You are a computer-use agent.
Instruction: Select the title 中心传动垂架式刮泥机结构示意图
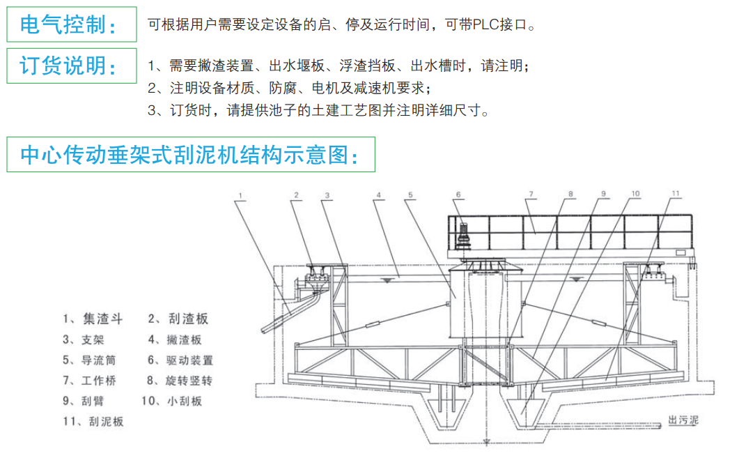(189, 155)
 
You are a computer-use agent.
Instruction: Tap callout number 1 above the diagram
(240, 195)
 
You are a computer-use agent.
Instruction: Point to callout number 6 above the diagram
(458, 194)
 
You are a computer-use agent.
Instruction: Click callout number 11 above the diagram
(676, 193)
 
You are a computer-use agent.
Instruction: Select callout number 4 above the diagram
(378, 194)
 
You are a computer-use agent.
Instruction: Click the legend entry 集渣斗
(93, 319)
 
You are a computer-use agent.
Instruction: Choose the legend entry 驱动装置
(180, 360)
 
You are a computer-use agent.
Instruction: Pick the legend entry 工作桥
(90, 381)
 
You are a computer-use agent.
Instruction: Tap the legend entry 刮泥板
(93, 421)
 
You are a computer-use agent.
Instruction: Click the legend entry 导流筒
(90, 360)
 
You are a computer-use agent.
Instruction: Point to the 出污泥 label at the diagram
(683, 420)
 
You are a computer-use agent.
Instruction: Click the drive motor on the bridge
(462, 236)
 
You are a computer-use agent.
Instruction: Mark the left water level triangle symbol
(387, 281)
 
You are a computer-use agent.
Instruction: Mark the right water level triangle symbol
(576, 280)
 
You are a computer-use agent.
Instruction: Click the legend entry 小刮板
(171, 401)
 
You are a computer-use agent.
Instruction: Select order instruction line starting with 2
(288, 88)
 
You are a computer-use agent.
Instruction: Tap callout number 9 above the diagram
(603, 194)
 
